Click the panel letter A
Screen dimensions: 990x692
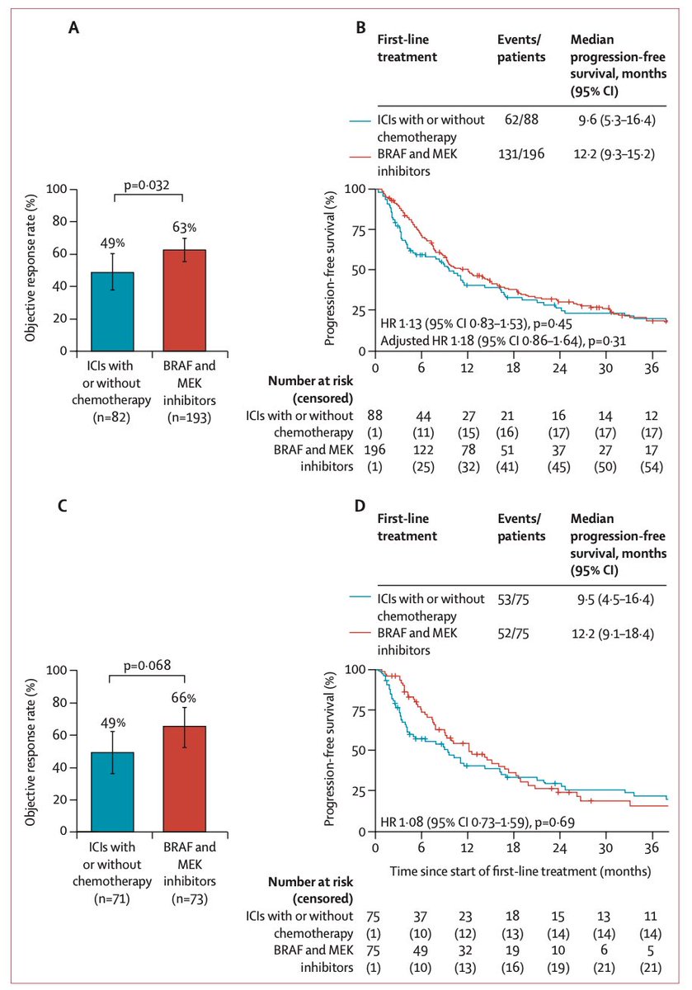[x=74, y=28]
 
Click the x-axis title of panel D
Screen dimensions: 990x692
[x=515, y=869]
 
